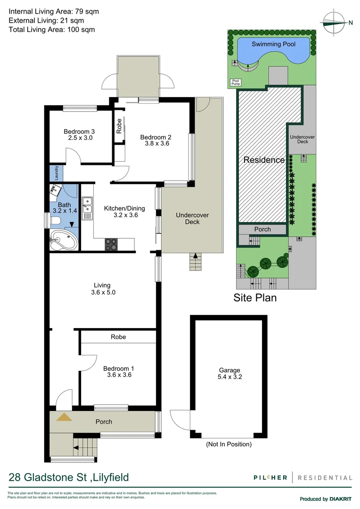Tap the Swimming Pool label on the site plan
pos(273,44)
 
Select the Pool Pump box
pos(235,82)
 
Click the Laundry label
pos(57,172)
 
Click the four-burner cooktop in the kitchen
pos(111,244)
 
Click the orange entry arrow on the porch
pos(64,417)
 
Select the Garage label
pos(229,370)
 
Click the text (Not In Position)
pos(229,444)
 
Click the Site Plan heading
pos(255,298)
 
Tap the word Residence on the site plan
pos(264,160)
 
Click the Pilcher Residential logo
pos(302,477)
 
